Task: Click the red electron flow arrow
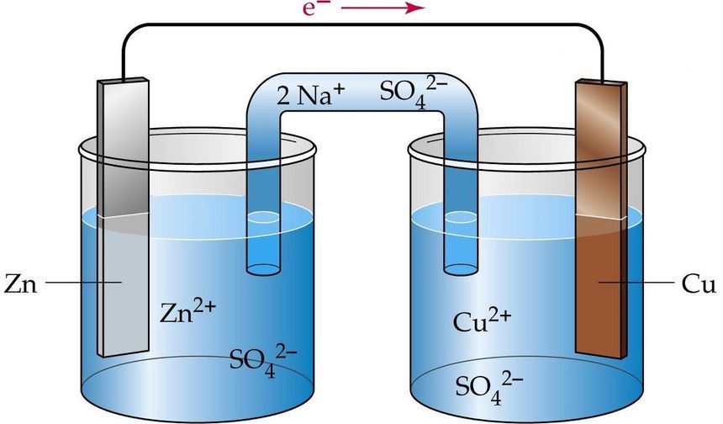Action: point(382,8)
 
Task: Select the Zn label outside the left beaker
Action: point(20,284)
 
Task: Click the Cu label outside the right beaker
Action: point(699,284)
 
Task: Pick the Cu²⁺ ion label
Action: point(482,320)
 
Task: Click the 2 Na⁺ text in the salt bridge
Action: point(310,93)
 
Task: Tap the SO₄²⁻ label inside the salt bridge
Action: point(413,93)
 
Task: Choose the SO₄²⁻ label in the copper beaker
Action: point(489,389)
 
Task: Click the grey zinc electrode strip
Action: point(123,217)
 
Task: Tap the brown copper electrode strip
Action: point(602,220)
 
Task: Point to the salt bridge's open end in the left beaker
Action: point(263,269)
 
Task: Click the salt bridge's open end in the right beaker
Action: point(460,269)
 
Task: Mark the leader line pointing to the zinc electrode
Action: point(83,282)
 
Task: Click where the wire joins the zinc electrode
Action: point(123,79)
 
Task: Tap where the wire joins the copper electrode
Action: point(602,81)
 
